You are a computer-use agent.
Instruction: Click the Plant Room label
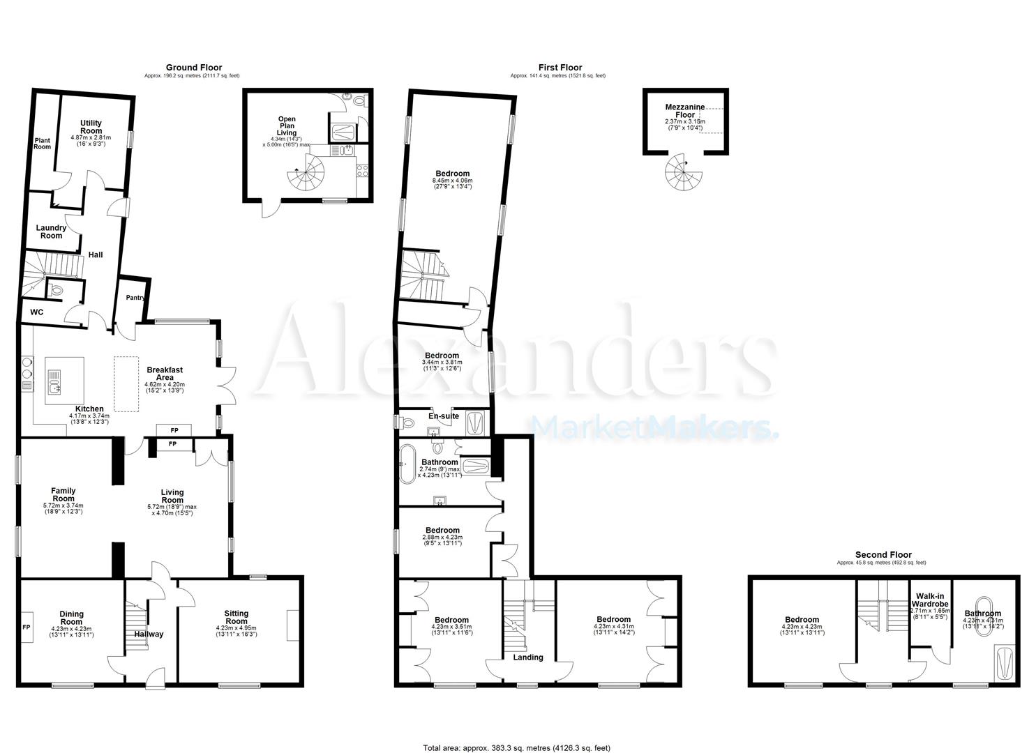[43, 143]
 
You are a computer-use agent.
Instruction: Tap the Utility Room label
[91, 127]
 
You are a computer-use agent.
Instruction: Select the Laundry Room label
[51, 231]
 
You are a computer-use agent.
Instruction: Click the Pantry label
[135, 298]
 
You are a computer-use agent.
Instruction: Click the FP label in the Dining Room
[27, 627]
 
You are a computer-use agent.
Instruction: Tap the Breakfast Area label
[165, 373]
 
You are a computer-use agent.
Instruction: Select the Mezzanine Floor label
[684, 111]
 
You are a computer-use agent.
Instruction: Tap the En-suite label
[444, 416]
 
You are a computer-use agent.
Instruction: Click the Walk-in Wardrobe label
[930, 600]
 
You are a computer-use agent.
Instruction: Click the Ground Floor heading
[193, 68]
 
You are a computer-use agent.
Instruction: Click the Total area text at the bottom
[517, 748]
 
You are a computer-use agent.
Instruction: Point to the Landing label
[528, 657]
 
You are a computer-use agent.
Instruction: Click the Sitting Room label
[237, 617]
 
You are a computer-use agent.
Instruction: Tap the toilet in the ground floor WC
[57, 289]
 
